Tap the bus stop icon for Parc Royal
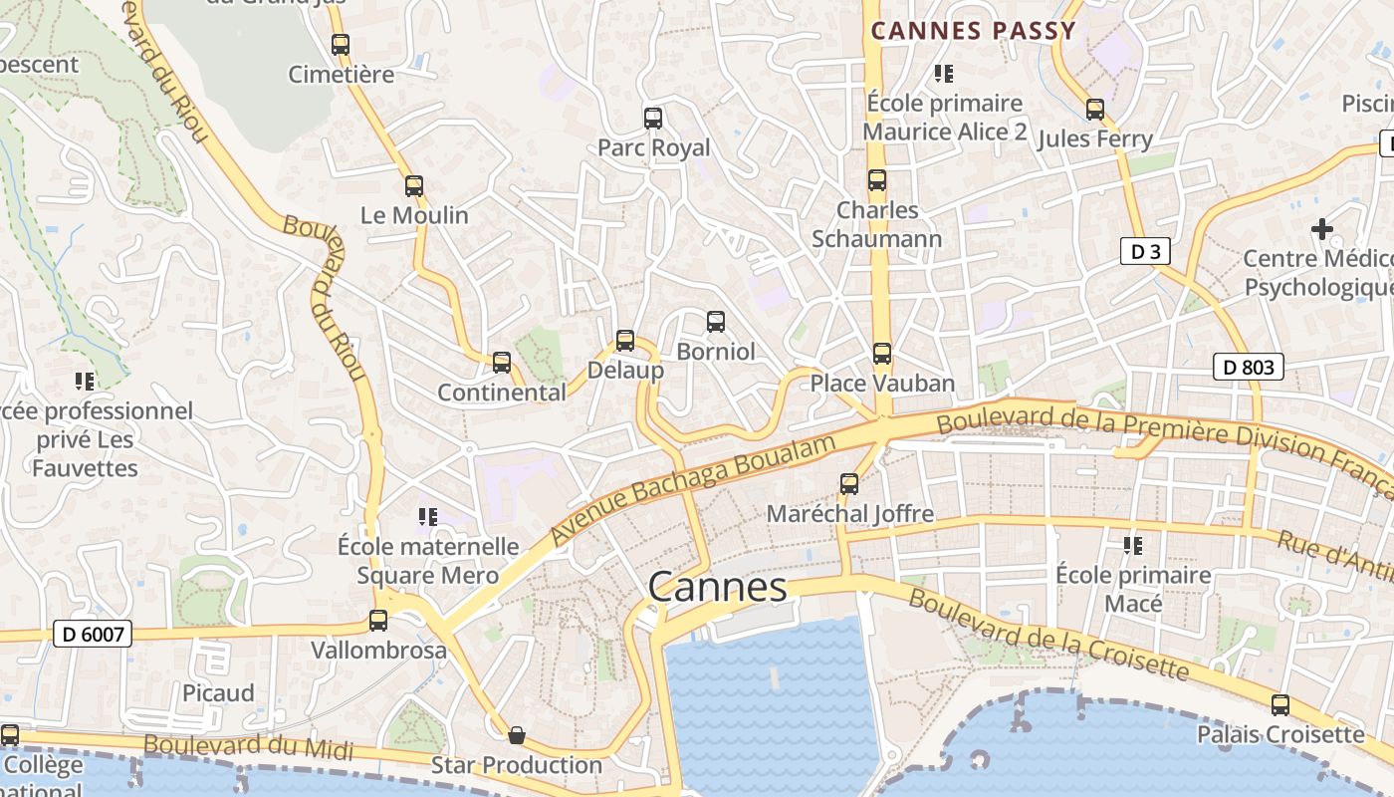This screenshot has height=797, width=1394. tap(653, 119)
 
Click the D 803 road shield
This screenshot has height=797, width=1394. tap(1249, 367)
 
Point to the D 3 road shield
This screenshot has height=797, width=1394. tap(1144, 251)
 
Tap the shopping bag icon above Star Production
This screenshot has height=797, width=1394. tap(517, 735)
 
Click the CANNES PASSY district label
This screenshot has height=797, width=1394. tap(973, 31)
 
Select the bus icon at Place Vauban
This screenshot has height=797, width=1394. tap(881, 354)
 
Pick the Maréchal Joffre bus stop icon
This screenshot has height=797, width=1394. tap(849, 484)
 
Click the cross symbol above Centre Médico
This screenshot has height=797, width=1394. tap(1321, 229)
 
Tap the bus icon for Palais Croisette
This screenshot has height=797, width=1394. tap(1280, 705)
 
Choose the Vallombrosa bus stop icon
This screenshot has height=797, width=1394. tap(378, 621)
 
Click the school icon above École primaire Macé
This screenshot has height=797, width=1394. tap(1133, 546)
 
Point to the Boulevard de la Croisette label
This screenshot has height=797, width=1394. tap(1048, 634)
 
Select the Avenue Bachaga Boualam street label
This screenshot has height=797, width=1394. tap(692, 489)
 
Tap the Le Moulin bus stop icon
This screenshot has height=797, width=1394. tap(414, 186)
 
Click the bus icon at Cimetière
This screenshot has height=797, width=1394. tap(341, 45)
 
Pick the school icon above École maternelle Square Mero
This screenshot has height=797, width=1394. tap(428, 517)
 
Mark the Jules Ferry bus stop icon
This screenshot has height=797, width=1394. tap(1095, 110)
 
